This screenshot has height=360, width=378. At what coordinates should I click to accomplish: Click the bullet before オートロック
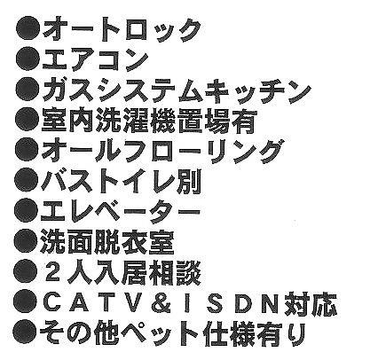pyautogui.click(x=28, y=29)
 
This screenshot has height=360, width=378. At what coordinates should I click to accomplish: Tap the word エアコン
pyautogui.click(x=95, y=60)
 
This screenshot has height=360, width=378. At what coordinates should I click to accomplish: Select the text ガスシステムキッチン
pyautogui.click(x=177, y=90)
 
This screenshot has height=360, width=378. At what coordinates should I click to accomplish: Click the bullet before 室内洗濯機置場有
pyautogui.click(x=28, y=121)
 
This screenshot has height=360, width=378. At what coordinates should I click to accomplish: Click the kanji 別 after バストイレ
pyautogui.click(x=188, y=181)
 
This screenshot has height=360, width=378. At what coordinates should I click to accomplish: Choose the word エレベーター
pyautogui.click(x=121, y=211)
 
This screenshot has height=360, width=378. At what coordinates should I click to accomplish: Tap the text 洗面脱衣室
pyautogui.click(x=106, y=242)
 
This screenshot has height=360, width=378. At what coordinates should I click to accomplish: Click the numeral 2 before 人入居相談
pyautogui.click(x=53, y=272)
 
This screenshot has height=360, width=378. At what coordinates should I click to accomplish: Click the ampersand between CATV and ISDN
pyautogui.click(x=161, y=303)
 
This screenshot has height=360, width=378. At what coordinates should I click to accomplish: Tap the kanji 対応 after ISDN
pyautogui.click(x=310, y=303)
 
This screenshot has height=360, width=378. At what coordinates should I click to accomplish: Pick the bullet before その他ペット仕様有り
pyautogui.click(x=26, y=333)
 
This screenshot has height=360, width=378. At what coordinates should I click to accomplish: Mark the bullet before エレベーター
pyautogui.click(x=27, y=211)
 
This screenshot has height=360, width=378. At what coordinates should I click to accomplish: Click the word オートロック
pyautogui.click(x=122, y=29)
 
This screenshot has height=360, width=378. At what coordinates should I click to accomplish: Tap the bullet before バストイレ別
pyautogui.click(x=27, y=181)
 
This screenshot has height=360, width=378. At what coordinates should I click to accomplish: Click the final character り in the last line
pyautogui.click(x=295, y=334)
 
